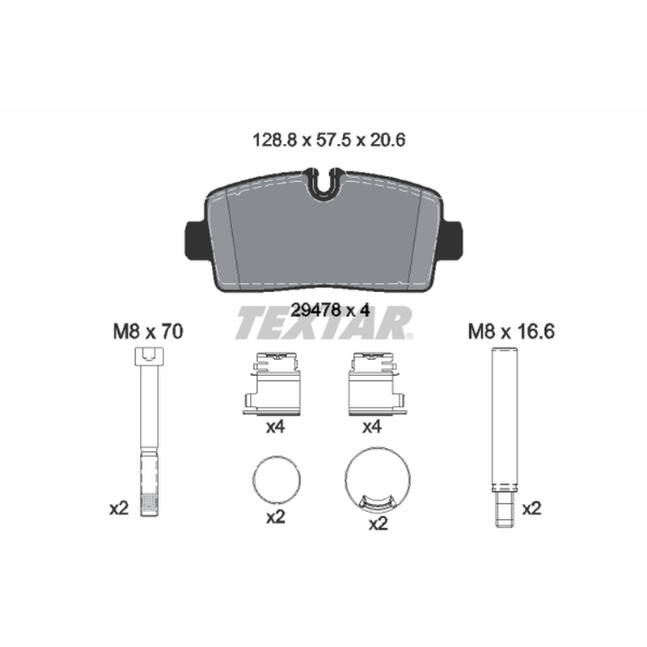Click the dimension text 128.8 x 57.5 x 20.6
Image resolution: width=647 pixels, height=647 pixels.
tap(329, 140)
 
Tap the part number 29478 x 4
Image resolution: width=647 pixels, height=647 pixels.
tap(330, 311)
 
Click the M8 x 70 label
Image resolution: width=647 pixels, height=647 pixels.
tap(148, 332)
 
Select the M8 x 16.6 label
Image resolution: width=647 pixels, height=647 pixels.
tap(511, 332)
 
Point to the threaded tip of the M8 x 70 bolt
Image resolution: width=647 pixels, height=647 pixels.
tap(149, 504)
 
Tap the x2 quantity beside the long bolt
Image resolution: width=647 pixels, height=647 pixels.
tap(119, 509)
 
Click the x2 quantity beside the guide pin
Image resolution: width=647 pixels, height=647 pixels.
tap(531, 509)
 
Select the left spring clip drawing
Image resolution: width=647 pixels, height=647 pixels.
tap(273, 383)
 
